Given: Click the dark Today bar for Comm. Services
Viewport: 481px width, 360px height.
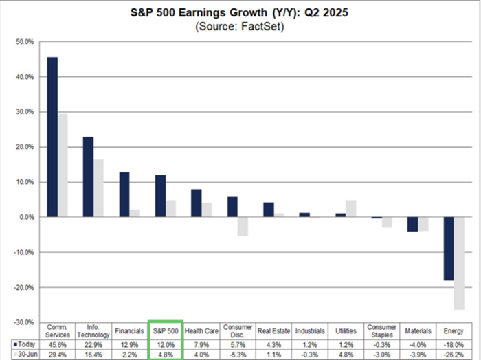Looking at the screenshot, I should (x=52, y=137).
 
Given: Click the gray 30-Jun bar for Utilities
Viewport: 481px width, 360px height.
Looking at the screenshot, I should (x=351, y=208).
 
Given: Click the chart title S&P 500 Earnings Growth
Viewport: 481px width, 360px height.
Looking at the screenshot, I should (x=240, y=12).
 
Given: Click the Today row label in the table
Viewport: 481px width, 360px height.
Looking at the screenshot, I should (x=25, y=344).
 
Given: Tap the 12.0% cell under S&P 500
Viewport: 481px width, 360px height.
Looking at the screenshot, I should (x=165, y=344).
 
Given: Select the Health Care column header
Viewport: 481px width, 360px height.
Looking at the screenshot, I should (x=201, y=330).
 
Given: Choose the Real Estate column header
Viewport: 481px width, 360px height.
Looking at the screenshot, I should (x=273, y=330).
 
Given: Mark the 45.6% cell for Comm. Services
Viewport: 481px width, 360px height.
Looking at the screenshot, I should (x=57, y=344).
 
